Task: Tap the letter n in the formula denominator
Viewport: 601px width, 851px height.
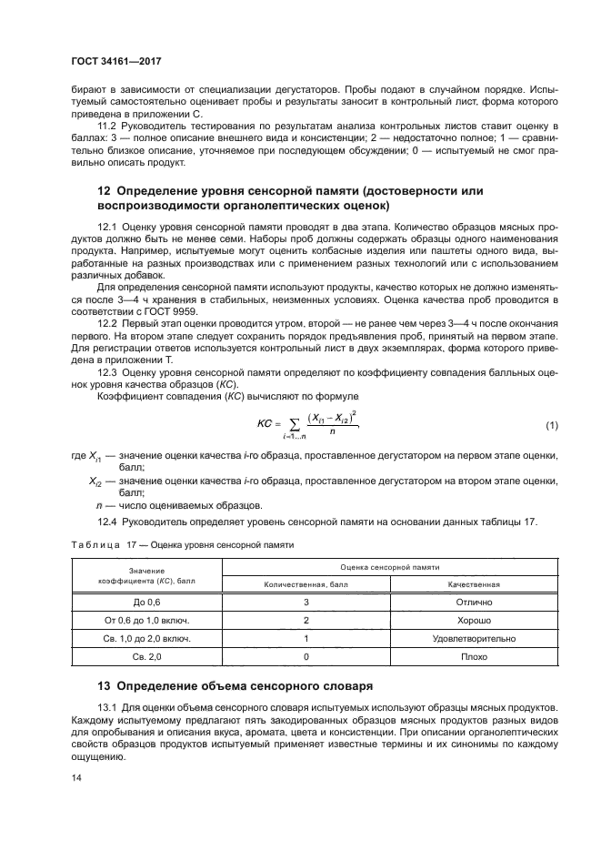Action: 333,433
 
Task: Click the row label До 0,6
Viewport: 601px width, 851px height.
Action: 146,603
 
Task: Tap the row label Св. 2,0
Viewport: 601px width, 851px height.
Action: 146,655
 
